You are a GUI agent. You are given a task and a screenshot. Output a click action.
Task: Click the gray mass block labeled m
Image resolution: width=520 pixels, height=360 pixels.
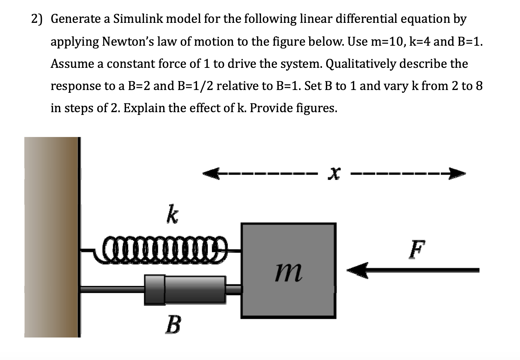pos(288,270)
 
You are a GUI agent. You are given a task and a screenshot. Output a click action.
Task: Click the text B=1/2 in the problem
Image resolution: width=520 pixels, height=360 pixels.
pos(194,86)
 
